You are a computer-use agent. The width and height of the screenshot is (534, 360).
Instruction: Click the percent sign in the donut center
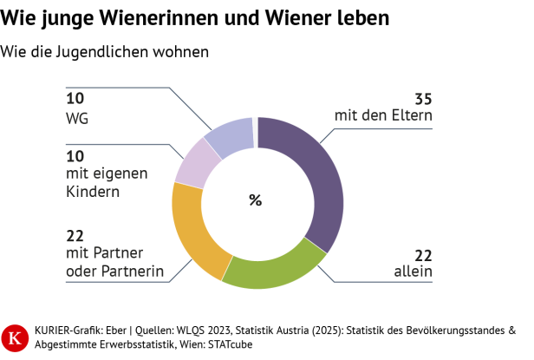[x=256, y=200]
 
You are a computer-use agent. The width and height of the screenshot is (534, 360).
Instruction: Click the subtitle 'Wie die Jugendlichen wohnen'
[x=105, y=52]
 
